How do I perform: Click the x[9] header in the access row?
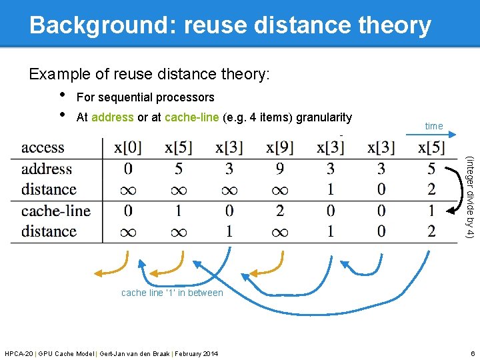[280, 147]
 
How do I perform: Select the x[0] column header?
[128, 147]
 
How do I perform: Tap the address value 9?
[280, 169]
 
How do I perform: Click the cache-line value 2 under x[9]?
[280, 211]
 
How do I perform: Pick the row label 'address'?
[47, 169]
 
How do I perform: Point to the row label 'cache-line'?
[55, 211]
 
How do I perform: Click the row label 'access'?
[43, 147]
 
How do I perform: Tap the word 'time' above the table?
[433, 126]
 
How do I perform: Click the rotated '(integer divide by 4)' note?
[469, 197]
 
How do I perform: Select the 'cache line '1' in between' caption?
[172, 293]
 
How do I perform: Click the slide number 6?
[471, 353]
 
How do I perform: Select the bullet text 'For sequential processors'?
[145, 97]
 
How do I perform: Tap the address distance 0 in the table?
[381, 190]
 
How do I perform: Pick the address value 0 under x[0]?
[128, 169]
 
